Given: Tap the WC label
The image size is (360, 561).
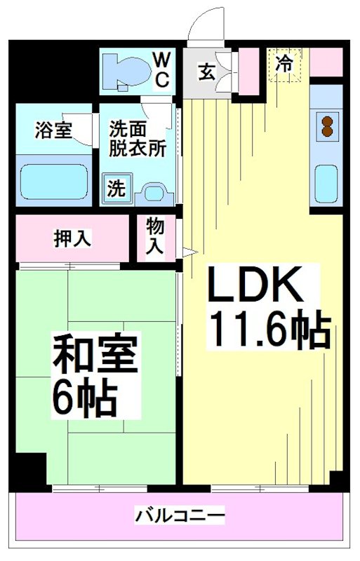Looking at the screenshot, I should click(161, 69).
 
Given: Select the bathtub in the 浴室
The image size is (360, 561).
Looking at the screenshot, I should click(53, 182).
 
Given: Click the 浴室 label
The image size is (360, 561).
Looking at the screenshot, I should click(53, 130).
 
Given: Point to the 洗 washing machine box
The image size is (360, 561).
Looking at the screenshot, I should click(116, 188).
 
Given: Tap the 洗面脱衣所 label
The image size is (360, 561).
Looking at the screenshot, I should click(137, 138).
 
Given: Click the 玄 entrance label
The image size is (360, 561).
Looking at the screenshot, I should click(206, 71).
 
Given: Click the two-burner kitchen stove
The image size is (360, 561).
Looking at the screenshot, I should click(326, 125).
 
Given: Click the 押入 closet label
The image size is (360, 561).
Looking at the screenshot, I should click(72, 238).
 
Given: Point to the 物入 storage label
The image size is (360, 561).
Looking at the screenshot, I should click(156, 236).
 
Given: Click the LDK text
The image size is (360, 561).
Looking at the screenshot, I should click(255, 288).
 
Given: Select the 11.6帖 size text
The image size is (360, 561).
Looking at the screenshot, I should click(267, 329).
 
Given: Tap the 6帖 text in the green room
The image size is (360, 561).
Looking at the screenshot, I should click(84, 398).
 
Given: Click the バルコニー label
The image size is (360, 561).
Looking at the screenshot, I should click(180, 517).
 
